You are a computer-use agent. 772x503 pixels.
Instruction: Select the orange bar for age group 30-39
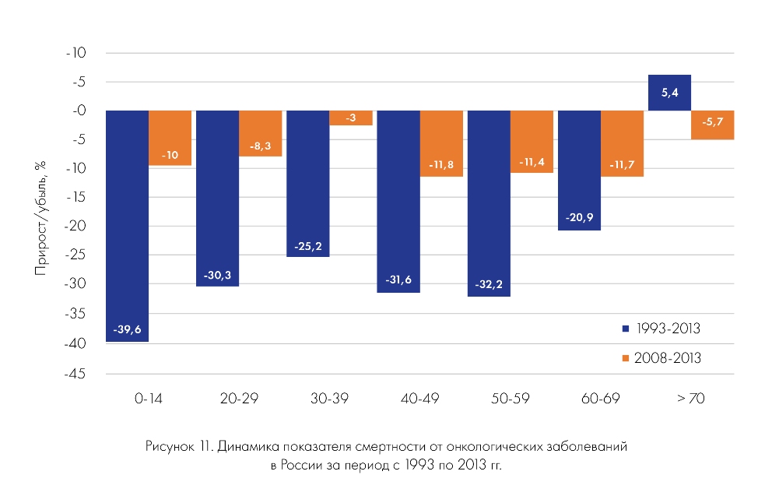click(350, 118)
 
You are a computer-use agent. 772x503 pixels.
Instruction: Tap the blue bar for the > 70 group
click(668, 93)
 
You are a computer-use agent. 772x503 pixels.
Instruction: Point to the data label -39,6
click(127, 329)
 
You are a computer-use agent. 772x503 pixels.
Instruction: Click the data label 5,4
click(668, 93)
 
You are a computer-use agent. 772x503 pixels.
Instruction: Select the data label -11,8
click(441, 165)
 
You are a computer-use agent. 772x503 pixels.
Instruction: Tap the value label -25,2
click(307, 246)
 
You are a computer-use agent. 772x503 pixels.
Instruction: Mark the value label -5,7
click(712, 122)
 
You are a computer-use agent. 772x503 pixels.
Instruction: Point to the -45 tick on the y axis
click(79, 373)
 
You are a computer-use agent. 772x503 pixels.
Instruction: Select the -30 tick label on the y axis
click(79, 285)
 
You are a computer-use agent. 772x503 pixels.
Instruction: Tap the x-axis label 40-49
click(419, 399)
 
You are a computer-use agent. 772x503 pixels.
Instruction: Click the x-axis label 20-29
click(239, 399)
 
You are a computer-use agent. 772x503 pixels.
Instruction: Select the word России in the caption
click(301, 465)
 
